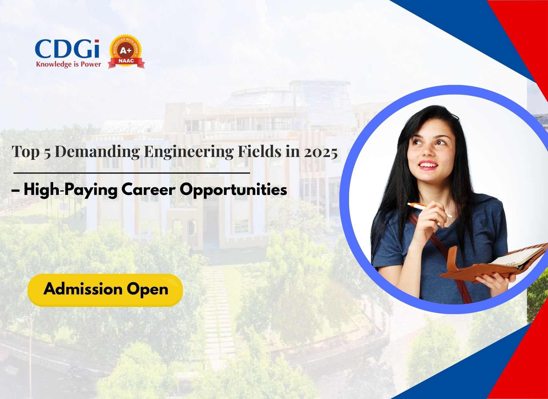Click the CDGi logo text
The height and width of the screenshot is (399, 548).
(x=67, y=49)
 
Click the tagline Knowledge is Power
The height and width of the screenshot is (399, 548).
(x=68, y=64)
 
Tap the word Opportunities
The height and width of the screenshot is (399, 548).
(x=233, y=190)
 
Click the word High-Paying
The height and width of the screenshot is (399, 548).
(x=70, y=190)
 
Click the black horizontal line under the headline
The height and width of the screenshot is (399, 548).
(x=132, y=173)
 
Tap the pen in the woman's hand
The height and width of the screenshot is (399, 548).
(x=430, y=210)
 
